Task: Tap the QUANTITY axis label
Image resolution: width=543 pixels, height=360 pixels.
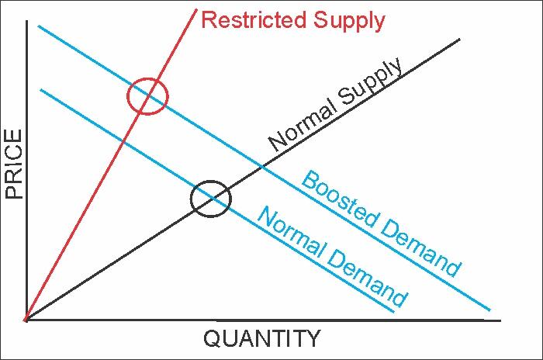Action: (x=261, y=339)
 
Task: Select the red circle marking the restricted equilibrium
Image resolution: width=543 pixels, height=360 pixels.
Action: (x=147, y=96)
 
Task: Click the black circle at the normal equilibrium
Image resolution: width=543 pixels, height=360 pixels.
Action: (x=210, y=199)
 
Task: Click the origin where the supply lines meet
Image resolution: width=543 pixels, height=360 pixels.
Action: (x=26, y=320)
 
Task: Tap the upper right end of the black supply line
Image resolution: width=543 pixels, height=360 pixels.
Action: (x=460, y=39)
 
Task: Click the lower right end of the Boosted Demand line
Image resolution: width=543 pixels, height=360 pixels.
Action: (x=490, y=310)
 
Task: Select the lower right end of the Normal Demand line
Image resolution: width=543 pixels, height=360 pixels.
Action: (x=395, y=313)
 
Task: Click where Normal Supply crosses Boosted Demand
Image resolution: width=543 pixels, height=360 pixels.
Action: (x=261, y=166)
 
